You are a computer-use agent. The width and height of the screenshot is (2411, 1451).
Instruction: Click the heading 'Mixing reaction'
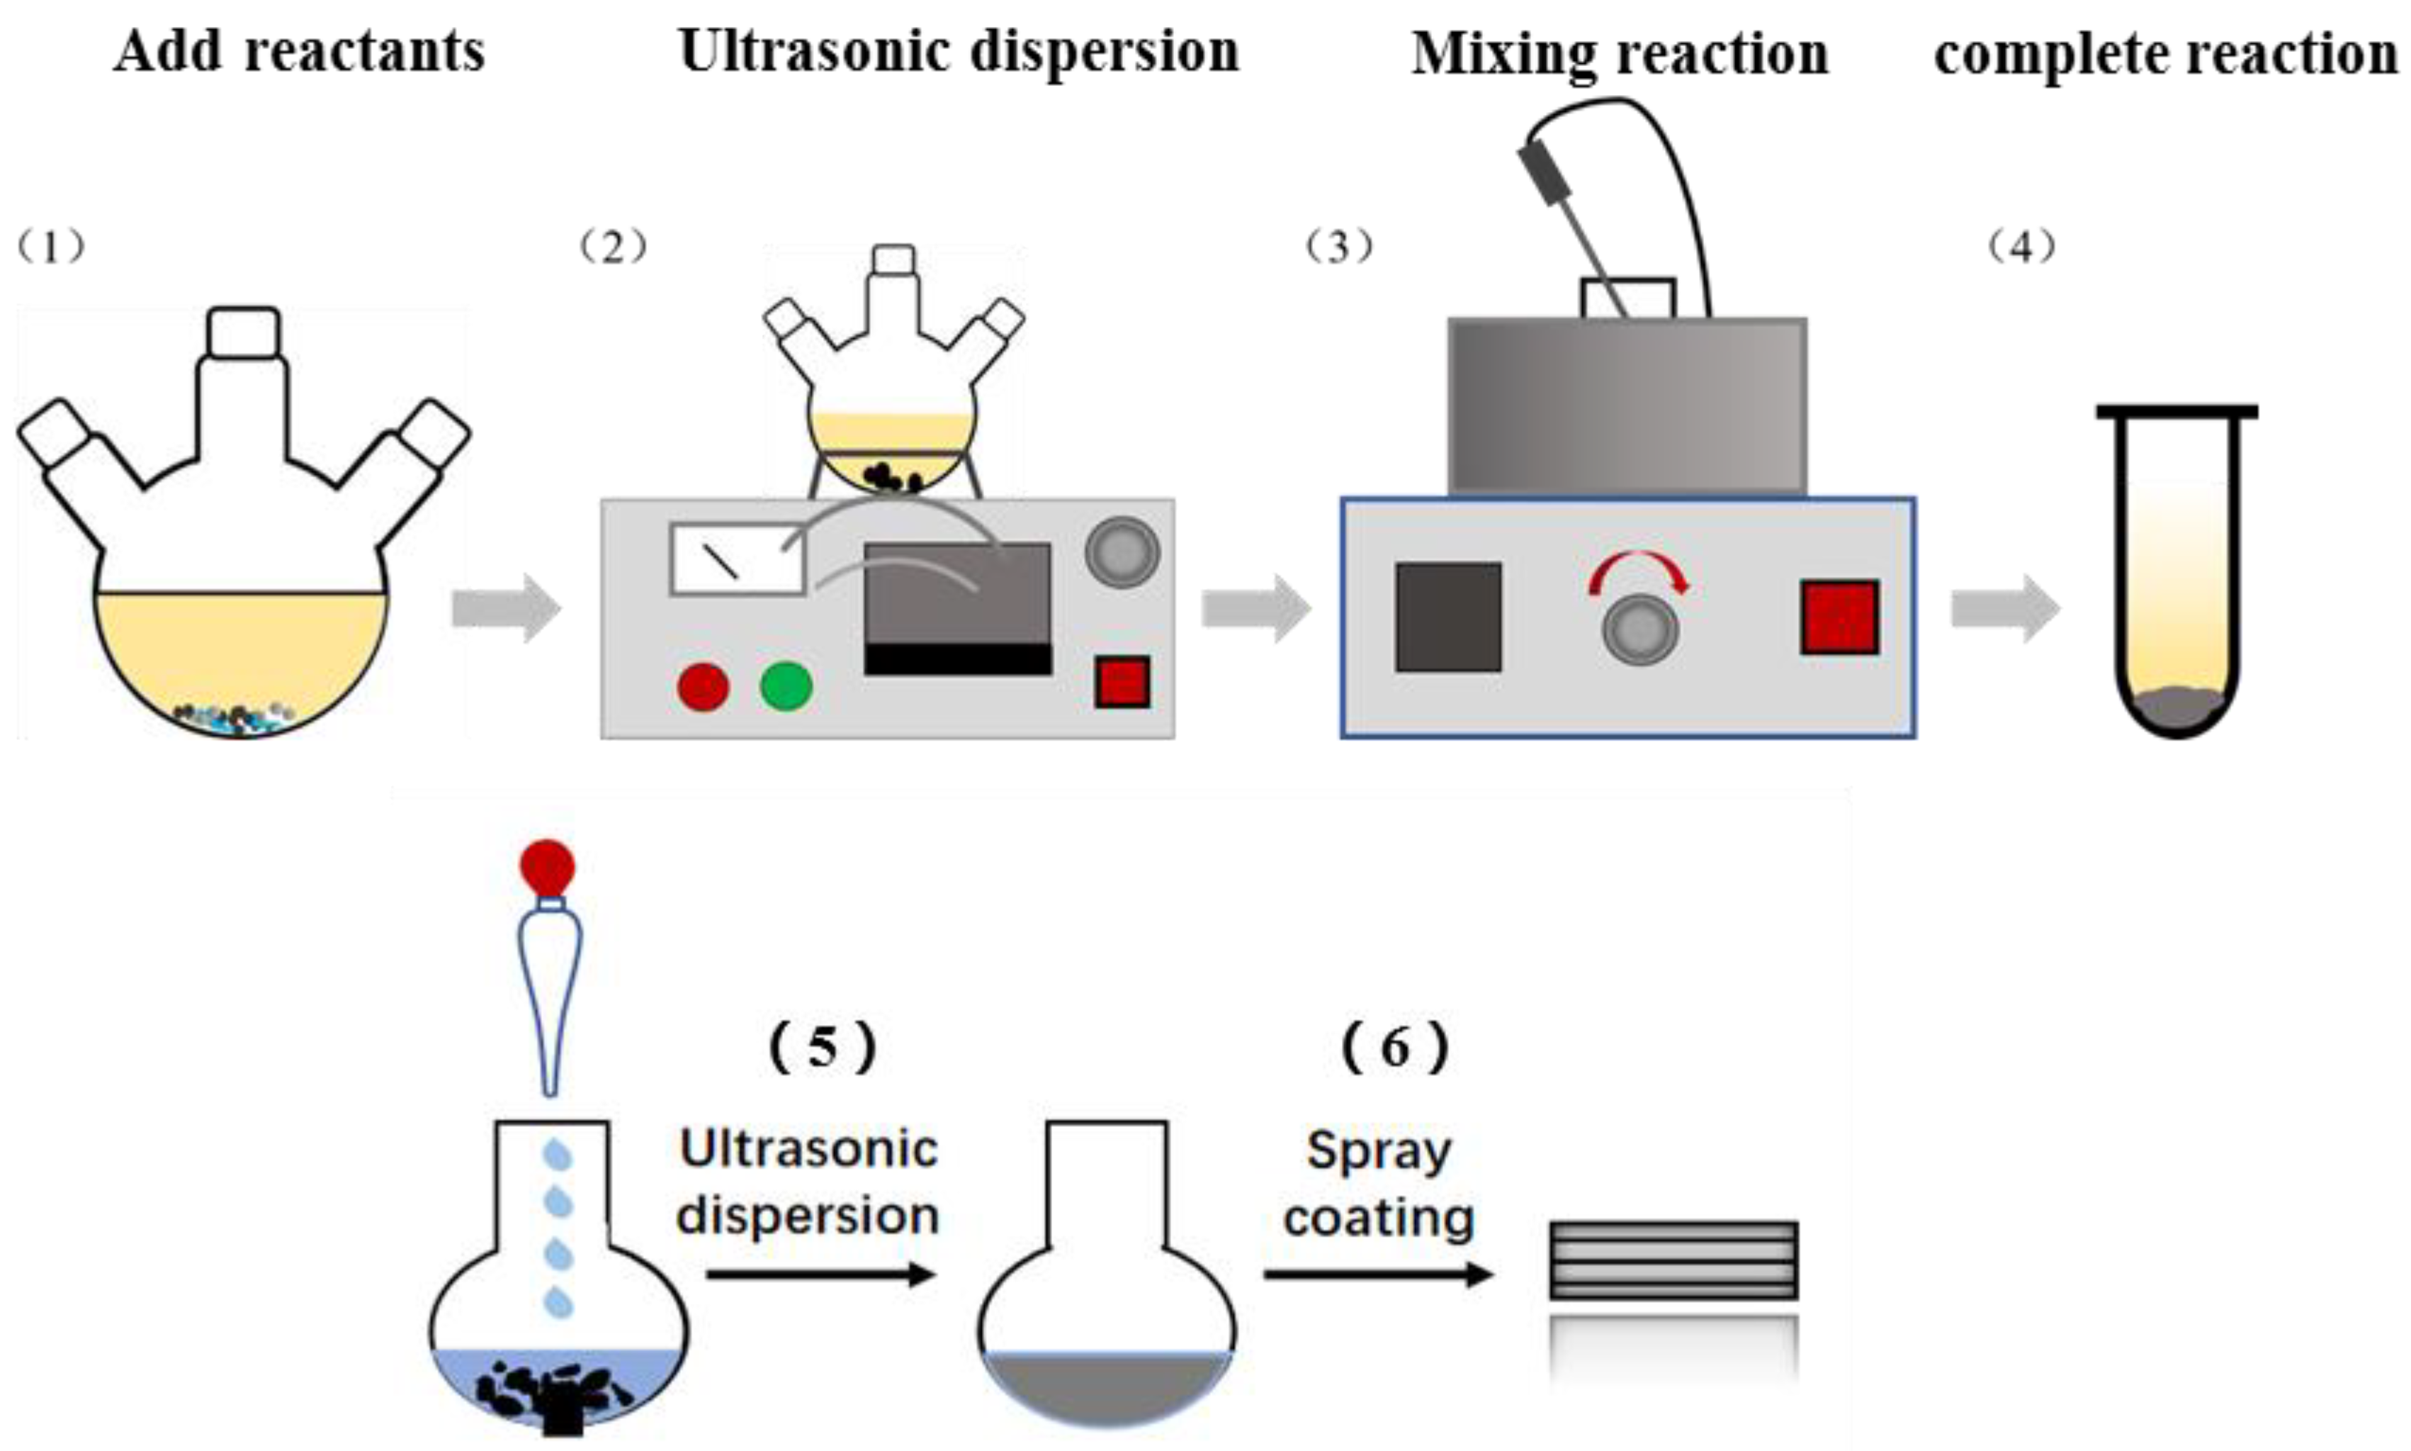click(x=1620, y=54)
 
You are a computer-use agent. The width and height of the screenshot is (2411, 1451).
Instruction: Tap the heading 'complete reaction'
click(x=2166, y=54)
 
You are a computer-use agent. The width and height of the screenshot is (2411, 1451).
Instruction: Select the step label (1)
click(x=51, y=247)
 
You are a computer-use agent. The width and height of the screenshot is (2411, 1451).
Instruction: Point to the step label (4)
click(x=2021, y=247)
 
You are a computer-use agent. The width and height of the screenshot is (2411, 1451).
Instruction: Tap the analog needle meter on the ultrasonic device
click(x=736, y=559)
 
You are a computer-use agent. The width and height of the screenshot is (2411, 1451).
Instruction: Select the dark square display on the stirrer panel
click(x=1447, y=617)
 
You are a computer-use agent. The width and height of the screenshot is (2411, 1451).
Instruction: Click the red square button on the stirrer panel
click(x=1839, y=617)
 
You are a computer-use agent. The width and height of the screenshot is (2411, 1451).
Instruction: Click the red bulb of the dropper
click(x=547, y=866)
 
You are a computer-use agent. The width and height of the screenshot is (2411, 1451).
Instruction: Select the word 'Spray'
click(x=1378, y=1151)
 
